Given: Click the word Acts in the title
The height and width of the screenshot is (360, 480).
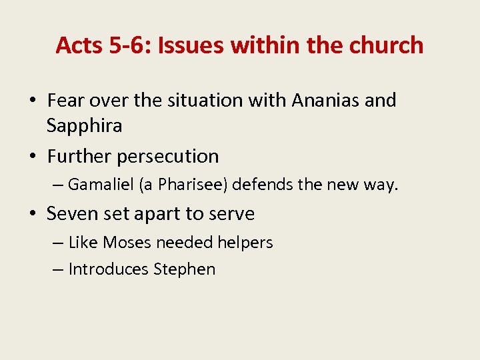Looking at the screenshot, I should [76, 45].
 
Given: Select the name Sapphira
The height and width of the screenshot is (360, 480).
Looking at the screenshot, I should [85, 125].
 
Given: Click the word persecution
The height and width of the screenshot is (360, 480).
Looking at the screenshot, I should [167, 157].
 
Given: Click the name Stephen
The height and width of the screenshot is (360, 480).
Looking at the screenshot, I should [185, 269].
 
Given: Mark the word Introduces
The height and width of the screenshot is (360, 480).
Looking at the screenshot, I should [109, 269].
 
